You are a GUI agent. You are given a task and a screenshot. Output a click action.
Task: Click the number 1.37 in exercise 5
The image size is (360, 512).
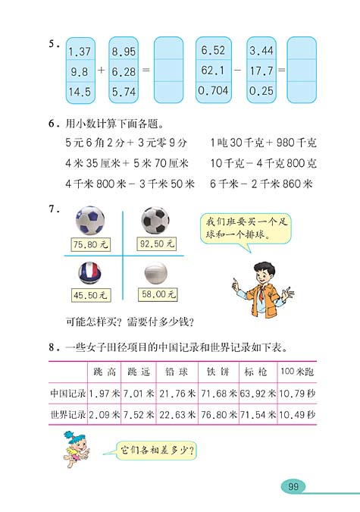point(80,51)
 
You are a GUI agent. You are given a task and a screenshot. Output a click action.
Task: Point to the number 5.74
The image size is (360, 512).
point(123,93)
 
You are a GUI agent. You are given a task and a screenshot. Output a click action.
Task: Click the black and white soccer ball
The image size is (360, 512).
point(155,221)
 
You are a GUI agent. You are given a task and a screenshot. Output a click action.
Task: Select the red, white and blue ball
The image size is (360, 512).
point(89,273)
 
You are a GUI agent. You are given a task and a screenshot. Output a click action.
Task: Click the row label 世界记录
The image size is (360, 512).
point(67,415)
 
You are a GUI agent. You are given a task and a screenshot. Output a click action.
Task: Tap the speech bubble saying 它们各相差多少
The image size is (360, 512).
point(158,451)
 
